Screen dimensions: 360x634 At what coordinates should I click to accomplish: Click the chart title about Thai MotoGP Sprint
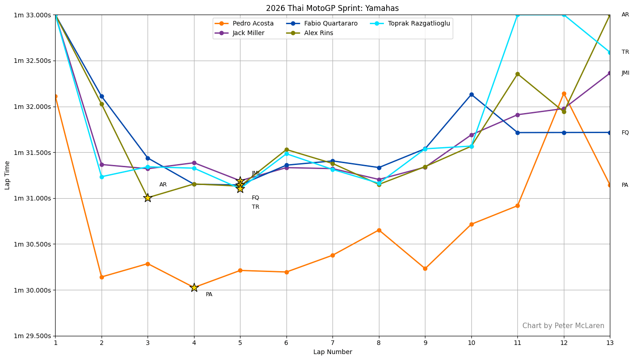point(332,8)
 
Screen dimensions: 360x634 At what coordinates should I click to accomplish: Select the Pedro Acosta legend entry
point(253,24)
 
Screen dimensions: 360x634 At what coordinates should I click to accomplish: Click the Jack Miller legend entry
point(248,33)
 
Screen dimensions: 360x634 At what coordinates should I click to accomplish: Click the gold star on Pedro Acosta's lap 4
point(194,288)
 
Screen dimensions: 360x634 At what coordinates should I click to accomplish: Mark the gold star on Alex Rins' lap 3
point(148,198)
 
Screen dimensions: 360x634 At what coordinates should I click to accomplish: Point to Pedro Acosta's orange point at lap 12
point(564,94)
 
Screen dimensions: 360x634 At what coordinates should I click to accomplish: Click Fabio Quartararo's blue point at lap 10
point(471,95)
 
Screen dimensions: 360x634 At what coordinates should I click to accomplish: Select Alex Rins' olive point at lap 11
point(517,74)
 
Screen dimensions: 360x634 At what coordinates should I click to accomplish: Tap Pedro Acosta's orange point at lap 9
point(425,269)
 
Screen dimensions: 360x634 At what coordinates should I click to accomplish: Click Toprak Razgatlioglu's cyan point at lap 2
point(102,177)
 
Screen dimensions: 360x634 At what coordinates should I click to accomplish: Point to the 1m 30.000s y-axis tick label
point(33,290)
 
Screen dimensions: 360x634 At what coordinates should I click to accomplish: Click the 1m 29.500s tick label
point(33,336)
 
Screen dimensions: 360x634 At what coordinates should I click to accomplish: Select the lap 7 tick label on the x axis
point(332,343)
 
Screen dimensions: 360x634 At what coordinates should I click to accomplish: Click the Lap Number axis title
point(332,352)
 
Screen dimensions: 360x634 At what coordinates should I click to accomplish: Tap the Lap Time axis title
point(7,175)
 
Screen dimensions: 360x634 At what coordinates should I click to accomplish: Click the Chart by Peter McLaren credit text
point(563,326)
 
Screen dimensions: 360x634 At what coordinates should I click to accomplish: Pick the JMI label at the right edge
point(625,73)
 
